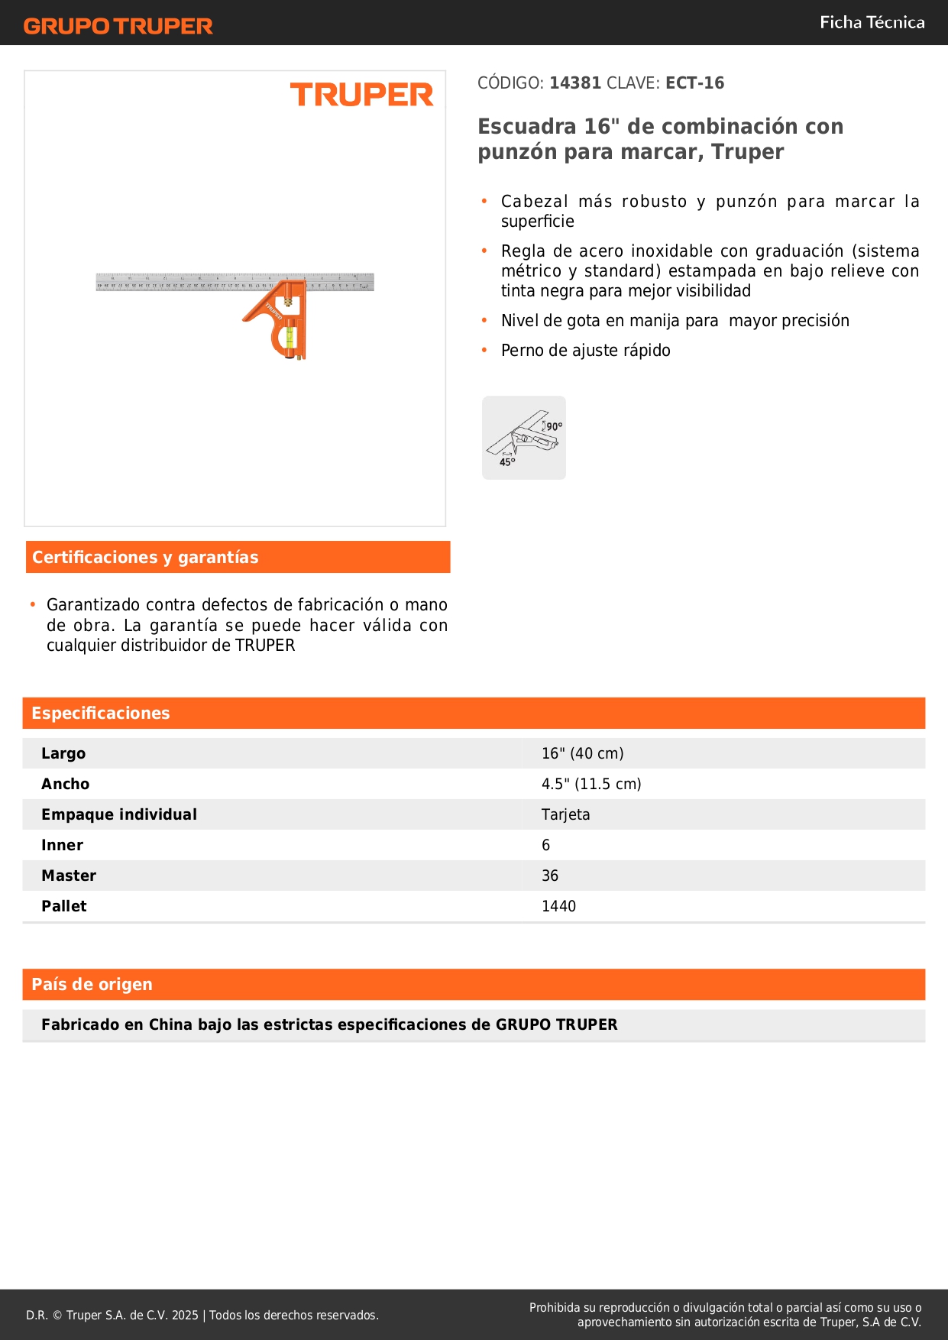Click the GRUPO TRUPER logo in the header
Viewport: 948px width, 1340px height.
point(118,26)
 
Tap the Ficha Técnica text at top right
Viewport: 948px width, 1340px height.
point(872,23)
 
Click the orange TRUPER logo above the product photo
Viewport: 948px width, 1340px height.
point(361,95)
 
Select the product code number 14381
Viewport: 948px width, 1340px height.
point(575,83)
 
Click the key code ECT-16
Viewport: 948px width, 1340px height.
point(694,83)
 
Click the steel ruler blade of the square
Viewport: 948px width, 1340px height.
point(183,282)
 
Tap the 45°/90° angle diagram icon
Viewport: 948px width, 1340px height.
point(524,438)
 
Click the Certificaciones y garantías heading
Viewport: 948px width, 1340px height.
point(145,558)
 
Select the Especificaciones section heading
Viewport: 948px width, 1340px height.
point(101,714)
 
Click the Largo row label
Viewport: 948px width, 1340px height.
point(63,754)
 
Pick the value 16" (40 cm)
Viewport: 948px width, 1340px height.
point(582,754)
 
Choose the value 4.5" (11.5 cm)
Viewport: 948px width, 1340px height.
point(590,785)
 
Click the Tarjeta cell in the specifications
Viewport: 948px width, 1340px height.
point(565,815)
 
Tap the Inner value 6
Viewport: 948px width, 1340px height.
point(545,846)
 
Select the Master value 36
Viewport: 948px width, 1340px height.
point(549,876)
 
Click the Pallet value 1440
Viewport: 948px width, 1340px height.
point(558,907)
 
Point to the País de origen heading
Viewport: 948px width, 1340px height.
point(92,985)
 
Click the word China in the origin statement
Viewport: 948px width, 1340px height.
point(170,1025)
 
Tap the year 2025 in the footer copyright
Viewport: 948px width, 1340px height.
point(185,1316)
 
